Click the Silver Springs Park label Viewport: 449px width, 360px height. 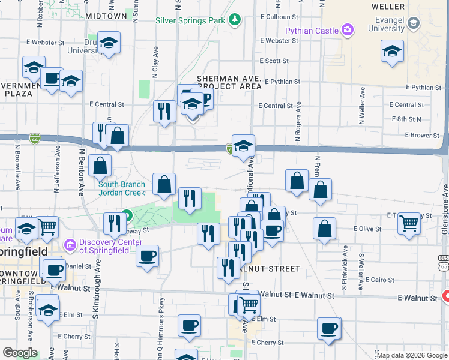(190, 20)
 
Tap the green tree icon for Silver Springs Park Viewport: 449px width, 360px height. (235, 21)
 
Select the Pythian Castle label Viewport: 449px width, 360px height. (312, 29)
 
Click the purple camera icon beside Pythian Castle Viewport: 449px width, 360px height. (347, 29)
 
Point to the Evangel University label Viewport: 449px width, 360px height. (388, 24)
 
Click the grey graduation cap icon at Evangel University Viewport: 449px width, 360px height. (413, 23)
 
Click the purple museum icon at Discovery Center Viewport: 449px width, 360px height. (70, 244)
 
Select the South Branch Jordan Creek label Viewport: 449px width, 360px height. (122, 188)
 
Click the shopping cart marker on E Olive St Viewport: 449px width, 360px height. (409, 223)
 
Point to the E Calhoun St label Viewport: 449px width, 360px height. (279, 17)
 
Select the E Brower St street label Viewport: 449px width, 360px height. (422, 136)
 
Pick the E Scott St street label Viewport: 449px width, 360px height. (274, 61)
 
